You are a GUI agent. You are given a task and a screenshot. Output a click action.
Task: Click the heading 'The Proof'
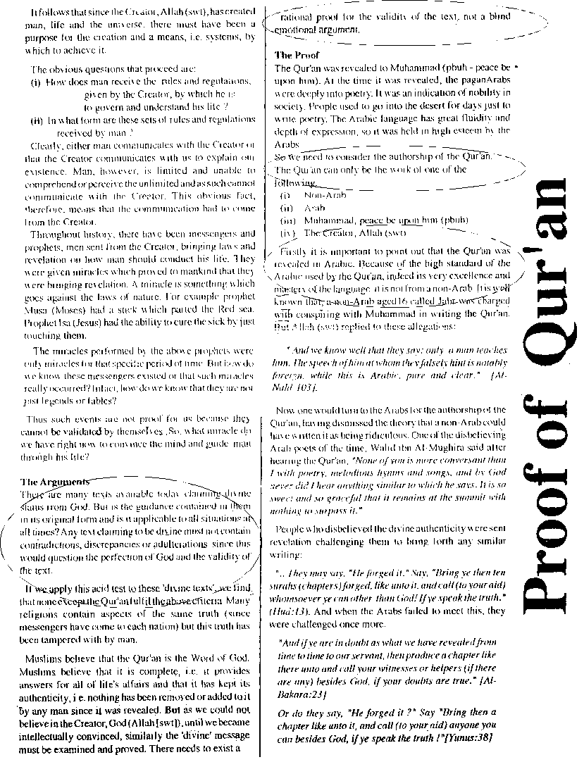[x=297, y=55]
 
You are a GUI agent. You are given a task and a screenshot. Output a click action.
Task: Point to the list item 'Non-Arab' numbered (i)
[x=321, y=194]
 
